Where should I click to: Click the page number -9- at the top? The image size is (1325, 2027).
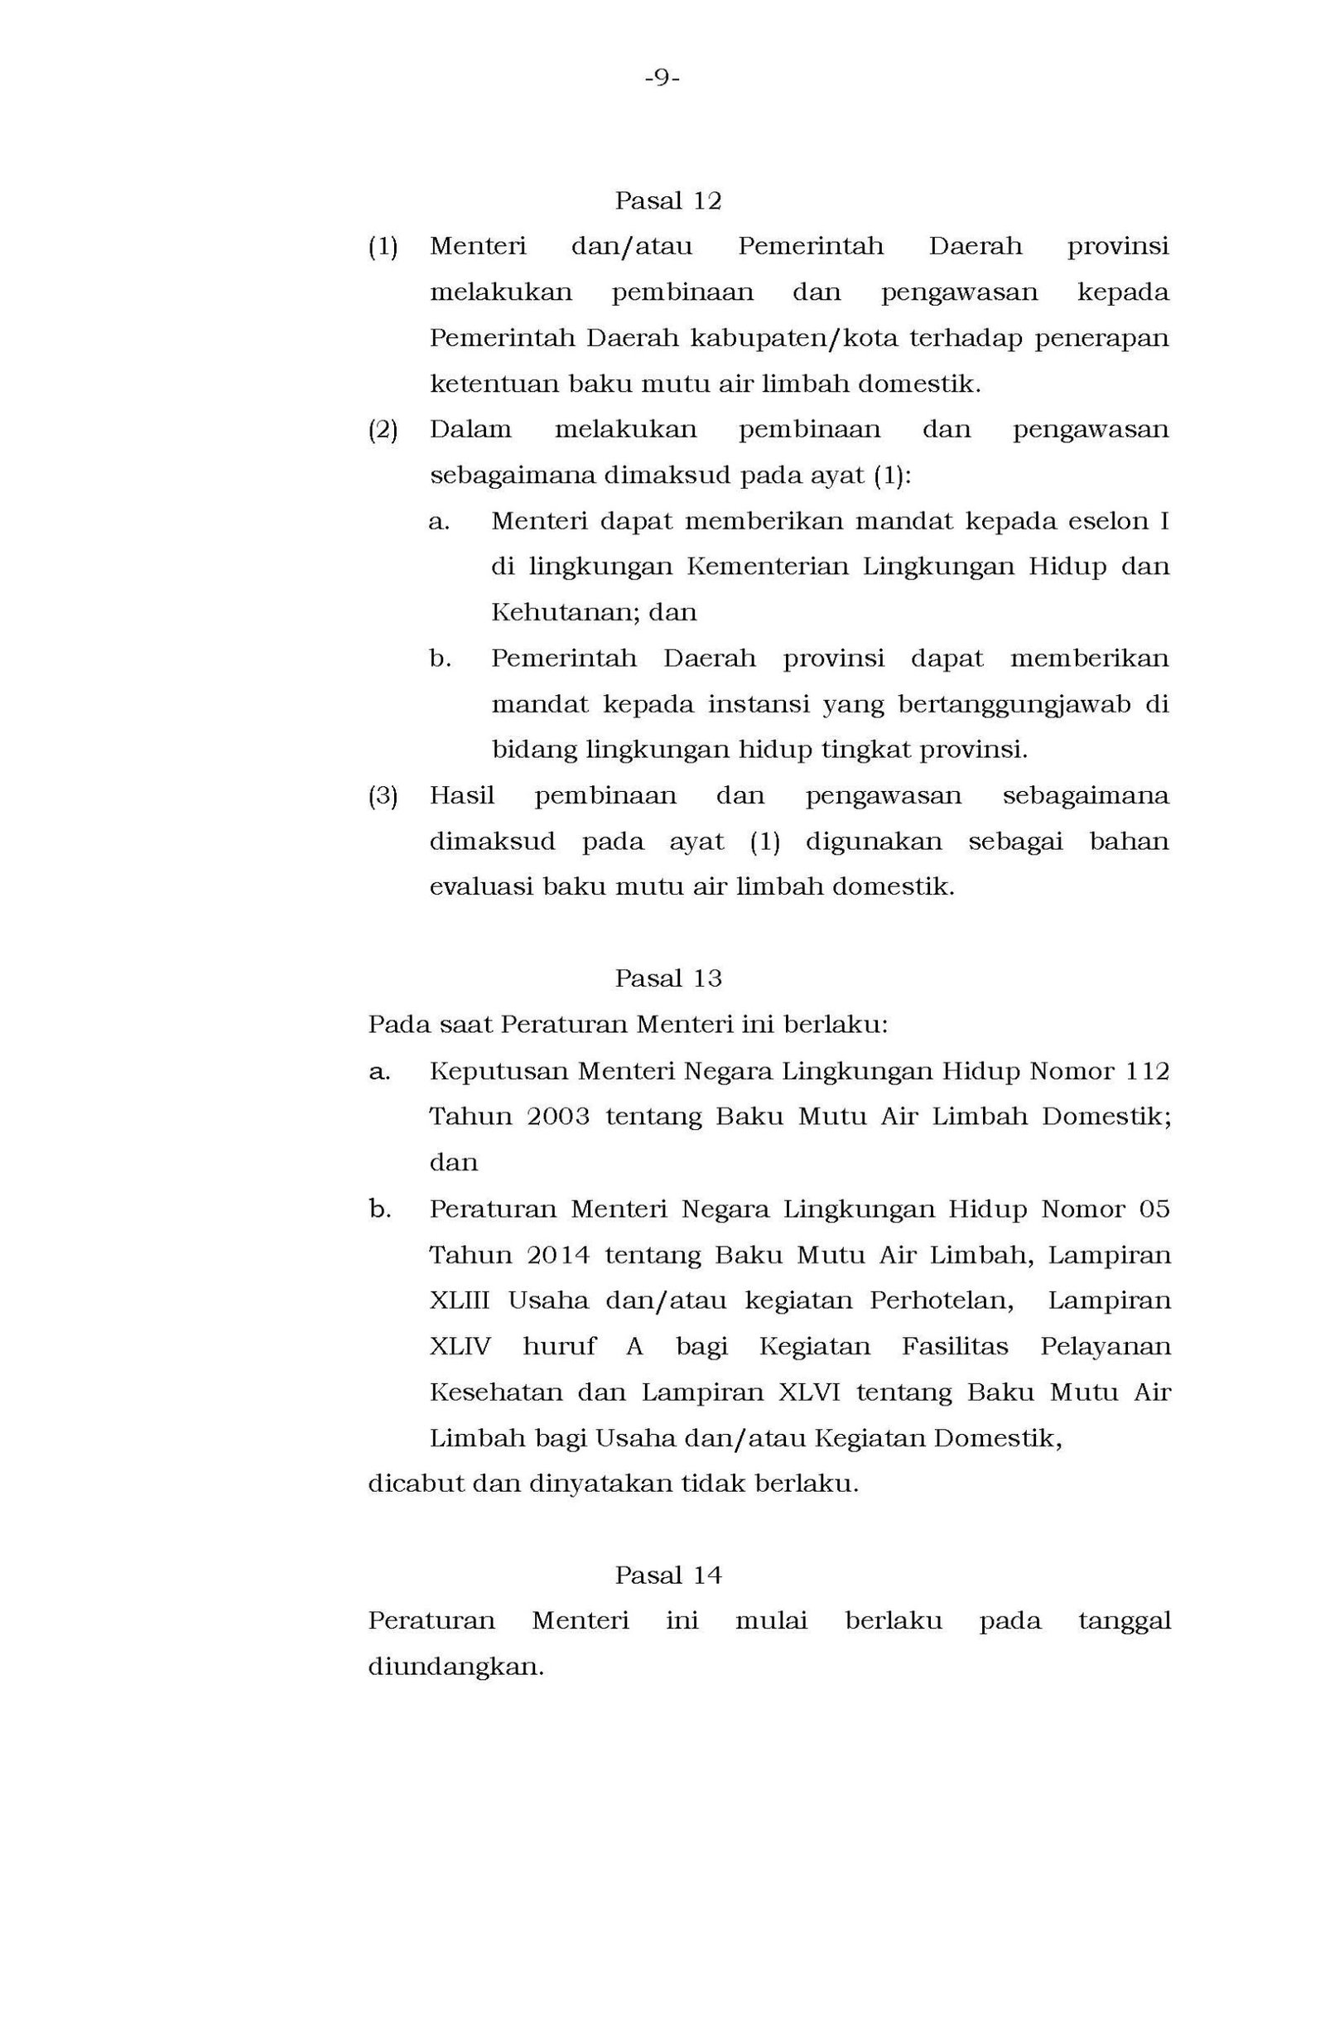click(662, 80)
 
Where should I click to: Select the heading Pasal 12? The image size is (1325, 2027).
click(667, 201)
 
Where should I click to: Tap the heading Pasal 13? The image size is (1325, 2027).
click(667, 978)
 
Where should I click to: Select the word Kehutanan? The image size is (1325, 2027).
click(565, 612)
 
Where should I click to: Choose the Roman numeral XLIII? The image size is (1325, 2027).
click(459, 1301)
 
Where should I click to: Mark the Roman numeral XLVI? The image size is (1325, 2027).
click(808, 1392)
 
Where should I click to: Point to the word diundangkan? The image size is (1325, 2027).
click(455, 1666)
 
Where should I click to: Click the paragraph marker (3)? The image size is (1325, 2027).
click(383, 795)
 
